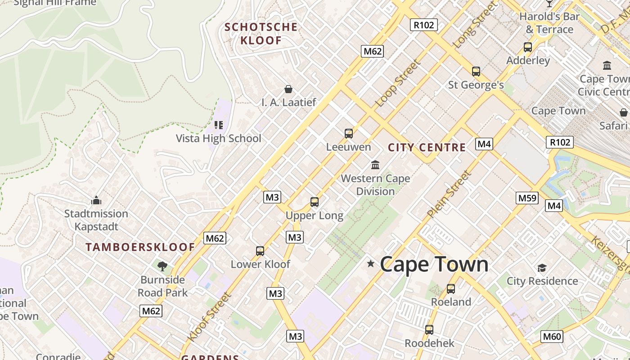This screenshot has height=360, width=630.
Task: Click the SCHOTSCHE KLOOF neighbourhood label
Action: click(x=261, y=34)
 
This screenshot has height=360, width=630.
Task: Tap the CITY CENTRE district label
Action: click(x=427, y=148)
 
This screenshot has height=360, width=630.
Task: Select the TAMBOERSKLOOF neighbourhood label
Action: click(x=140, y=247)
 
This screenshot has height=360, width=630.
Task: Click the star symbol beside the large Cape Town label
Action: click(x=371, y=264)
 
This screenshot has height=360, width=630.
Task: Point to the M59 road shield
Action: click(x=527, y=198)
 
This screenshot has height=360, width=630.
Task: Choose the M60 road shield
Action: click(x=552, y=336)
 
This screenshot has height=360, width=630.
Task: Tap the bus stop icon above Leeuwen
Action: click(x=349, y=133)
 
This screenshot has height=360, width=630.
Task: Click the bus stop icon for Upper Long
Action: click(x=315, y=202)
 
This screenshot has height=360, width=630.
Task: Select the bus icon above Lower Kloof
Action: click(x=260, y=251)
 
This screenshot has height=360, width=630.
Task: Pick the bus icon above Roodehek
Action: click(x=429, y=330)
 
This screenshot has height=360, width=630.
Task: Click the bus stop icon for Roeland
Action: click(x=451, y=288)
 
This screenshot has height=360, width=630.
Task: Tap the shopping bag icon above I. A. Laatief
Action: click(x=288, y=89)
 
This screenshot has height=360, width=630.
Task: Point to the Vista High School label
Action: click(x=218, y=138)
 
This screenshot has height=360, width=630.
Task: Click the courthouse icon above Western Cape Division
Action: click(x=375, y=165)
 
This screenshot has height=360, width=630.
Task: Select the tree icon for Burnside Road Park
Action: click(x=162, y=266)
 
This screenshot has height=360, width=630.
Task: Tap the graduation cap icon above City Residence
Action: click(x=542, y=268)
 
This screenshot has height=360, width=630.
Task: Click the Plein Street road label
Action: click(x=449, y=195)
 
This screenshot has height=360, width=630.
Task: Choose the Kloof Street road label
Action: click(x=210, y=317)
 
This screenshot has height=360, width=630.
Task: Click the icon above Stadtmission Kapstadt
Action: click(x=96, y=200)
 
